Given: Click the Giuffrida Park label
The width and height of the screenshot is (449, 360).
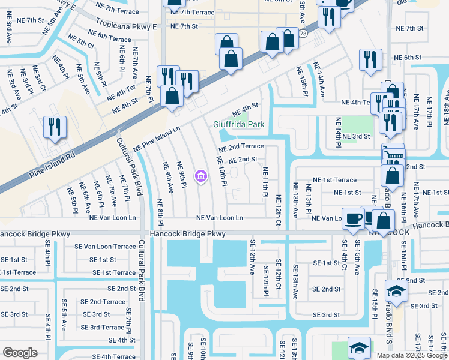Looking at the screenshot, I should pos(238,125).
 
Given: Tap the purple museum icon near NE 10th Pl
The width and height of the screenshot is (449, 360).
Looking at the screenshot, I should pos(200,176).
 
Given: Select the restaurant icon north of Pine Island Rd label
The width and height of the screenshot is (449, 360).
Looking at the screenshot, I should pos(55,127).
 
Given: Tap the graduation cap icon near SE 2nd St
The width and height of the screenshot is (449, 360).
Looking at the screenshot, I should pos(395,291).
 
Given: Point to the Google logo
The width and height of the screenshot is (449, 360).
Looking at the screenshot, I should pos(20,352).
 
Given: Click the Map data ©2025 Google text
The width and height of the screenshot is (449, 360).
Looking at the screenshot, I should pos(411,355).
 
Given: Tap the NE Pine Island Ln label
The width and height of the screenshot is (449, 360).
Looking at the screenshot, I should pos(157,138).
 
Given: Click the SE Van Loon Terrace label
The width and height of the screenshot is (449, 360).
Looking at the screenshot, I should pos(105,247).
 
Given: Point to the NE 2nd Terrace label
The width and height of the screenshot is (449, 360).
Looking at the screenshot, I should pos(241,146).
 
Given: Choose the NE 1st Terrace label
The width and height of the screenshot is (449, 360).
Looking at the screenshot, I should pos(334,180).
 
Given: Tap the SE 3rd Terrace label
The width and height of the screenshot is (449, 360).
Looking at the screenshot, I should pos(103,327).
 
